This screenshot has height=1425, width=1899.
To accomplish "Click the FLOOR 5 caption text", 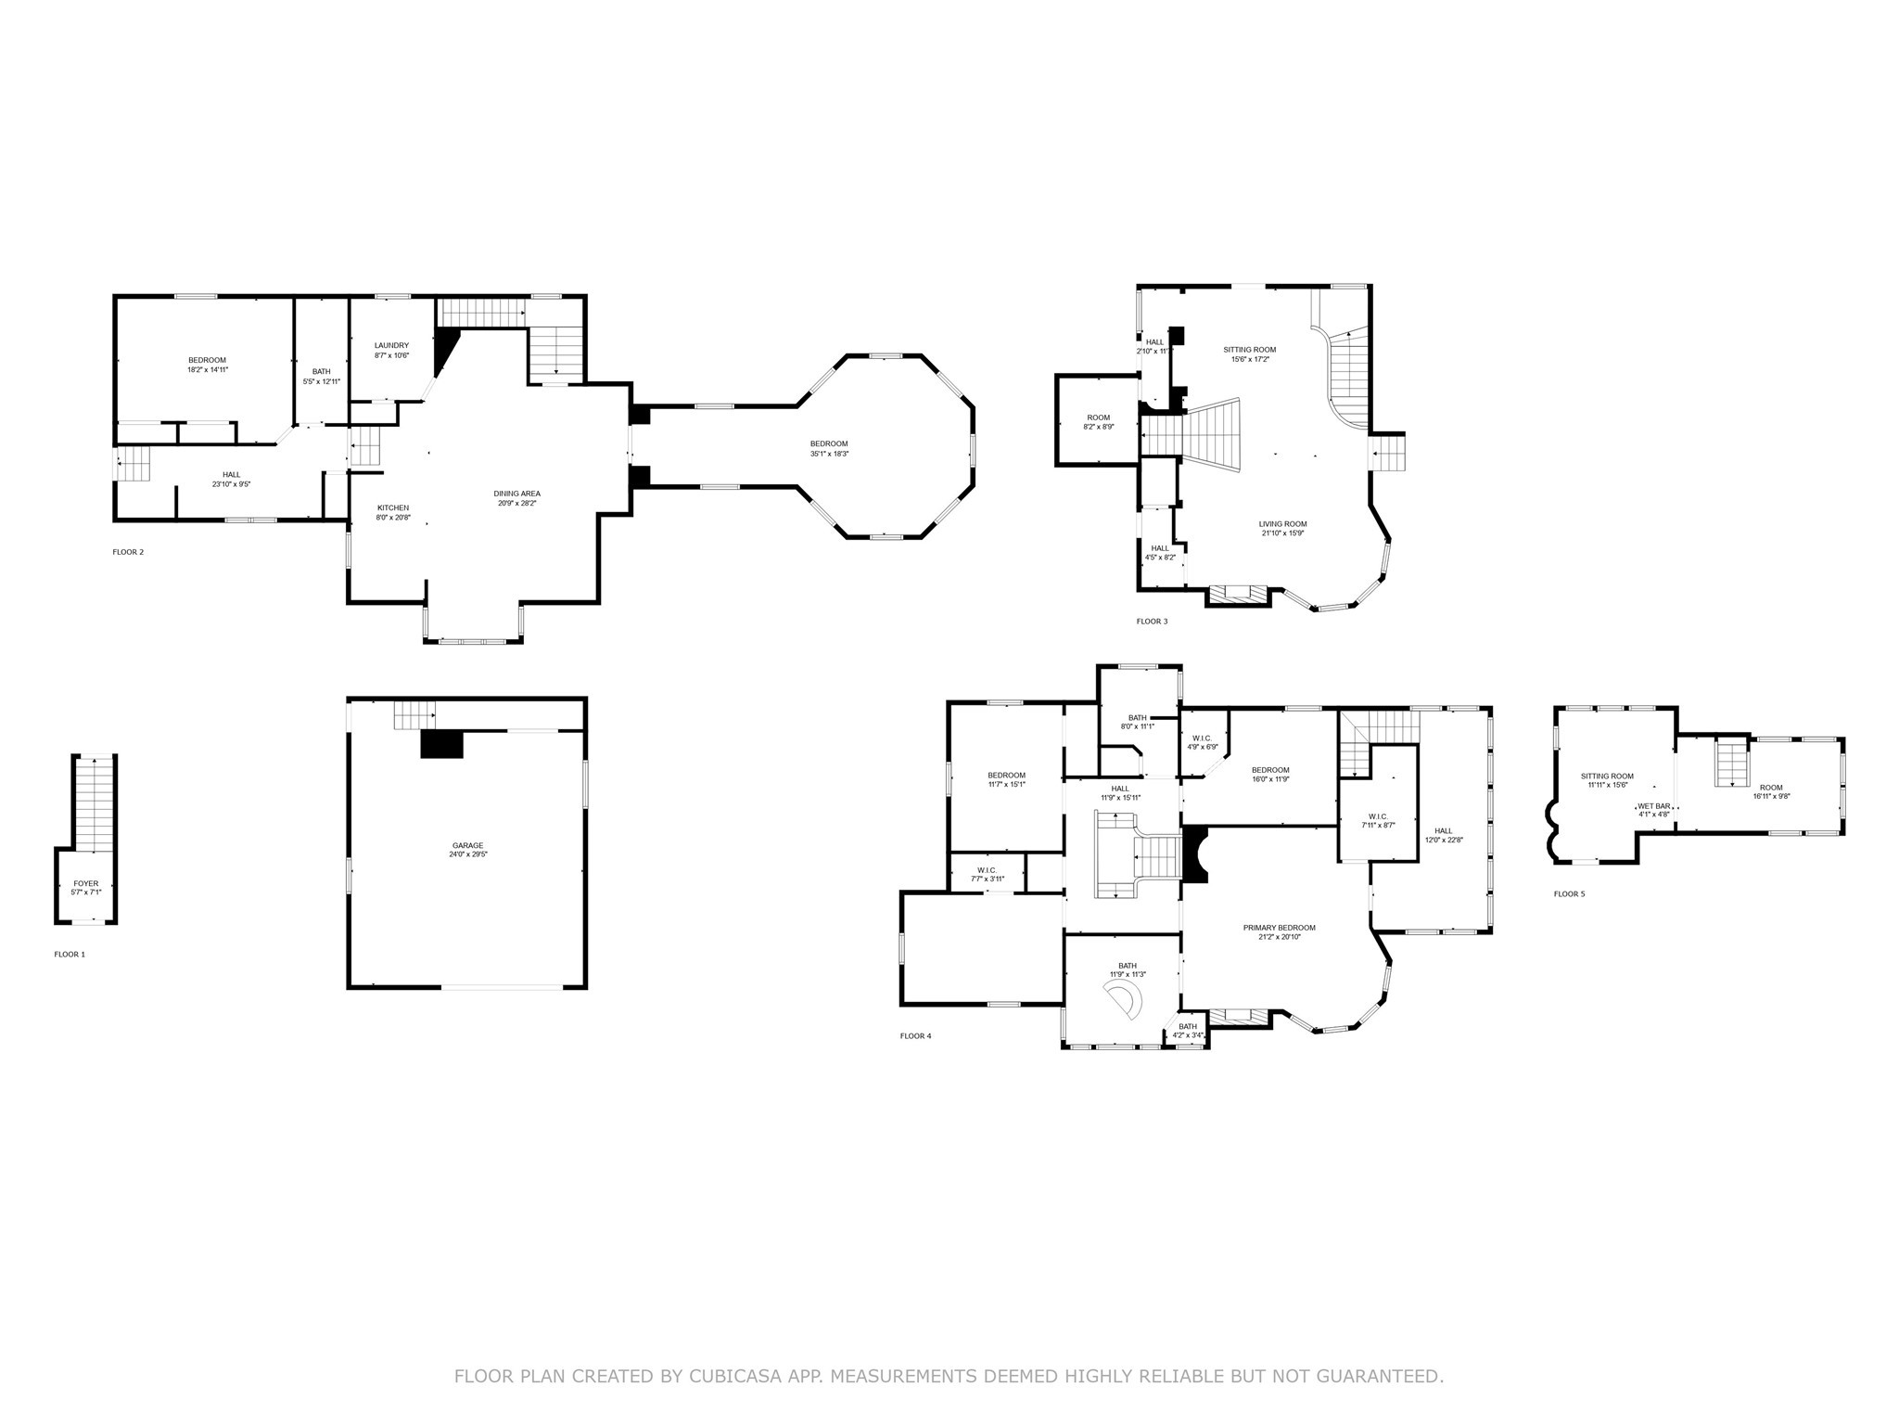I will click(x=1569, y=894).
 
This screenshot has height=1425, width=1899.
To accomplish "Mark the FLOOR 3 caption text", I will click(x=1152, y=621).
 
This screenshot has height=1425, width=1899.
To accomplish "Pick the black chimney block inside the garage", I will click(x=441, y=744).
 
